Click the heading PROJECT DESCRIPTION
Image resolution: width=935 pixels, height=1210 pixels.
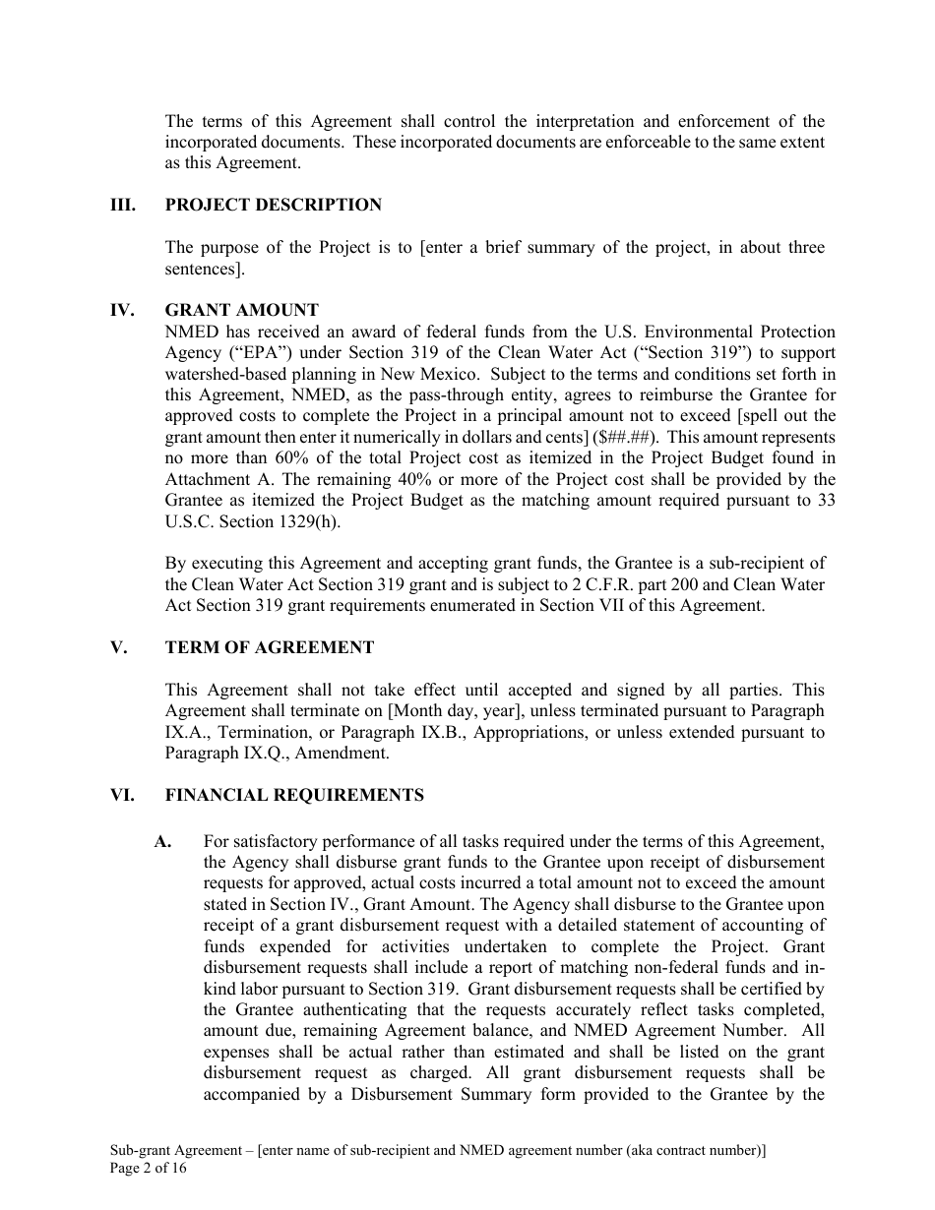pos(273,205)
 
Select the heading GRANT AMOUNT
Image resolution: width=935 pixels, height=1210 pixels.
pos(241,311)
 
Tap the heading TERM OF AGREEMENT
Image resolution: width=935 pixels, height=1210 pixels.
pos(269,647)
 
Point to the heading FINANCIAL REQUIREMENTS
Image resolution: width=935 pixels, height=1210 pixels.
pos(294,795)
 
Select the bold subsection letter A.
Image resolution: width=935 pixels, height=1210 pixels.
pos(163,841)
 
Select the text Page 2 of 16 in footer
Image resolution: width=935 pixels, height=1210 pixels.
pos(148,1169)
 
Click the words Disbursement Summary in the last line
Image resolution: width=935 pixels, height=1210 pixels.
pos(446,1094)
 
